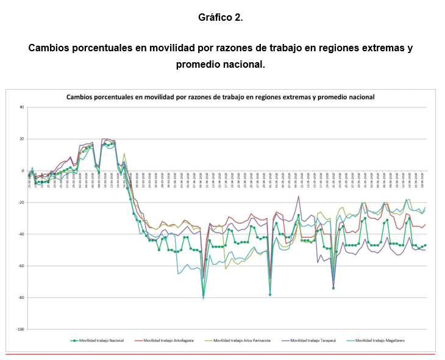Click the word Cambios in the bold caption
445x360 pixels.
[x=51, y=48]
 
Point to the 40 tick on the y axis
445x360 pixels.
[x=21, y=107]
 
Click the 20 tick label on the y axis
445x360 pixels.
[x=21, y=139]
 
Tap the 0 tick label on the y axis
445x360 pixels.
[x=23, y=171]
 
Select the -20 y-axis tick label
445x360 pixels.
[x=21, y=203]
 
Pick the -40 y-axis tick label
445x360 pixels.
[x=21, y=234]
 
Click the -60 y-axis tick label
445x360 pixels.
[x=21, y=266]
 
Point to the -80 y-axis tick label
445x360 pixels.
[x=21, y=298]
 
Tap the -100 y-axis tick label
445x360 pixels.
[x=20, y=329]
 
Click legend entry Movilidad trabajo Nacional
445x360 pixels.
[x=101, y=340]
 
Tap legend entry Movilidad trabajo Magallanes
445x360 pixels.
[x=379, y=340]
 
